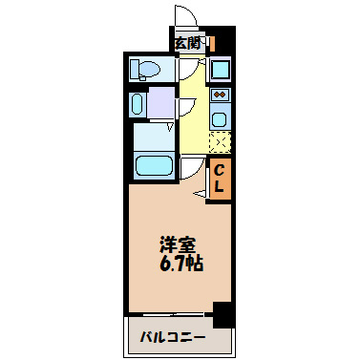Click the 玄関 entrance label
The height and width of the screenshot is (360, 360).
(x=187, y=42)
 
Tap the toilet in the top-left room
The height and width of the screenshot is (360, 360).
(x=145, y=69)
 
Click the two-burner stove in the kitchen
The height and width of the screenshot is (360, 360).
(x=220, y=95)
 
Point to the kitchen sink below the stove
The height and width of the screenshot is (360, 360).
(x=220, y=119)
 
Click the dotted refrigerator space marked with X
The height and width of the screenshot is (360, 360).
(x=220, y=142)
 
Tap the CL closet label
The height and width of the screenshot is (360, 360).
(x=219, y=179)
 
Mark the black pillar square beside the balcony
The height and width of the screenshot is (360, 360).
(x=222, y=314)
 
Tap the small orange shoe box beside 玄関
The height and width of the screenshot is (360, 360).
(x=212, y=43)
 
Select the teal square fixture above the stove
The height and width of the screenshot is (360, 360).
(x=220, y=70)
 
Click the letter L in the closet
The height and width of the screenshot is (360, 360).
(x=219, y=188)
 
